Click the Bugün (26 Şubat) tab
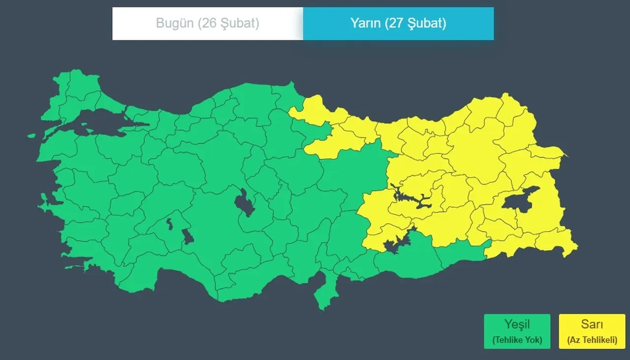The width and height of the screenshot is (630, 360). point(207,23)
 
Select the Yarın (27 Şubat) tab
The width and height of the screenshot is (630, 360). point(398,23)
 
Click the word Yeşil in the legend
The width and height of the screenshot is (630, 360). point(516,325)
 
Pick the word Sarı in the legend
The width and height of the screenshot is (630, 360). point(592,325)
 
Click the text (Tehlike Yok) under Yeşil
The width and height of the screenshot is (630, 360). point(516,340)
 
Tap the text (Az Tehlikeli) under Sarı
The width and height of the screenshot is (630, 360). point(592,340)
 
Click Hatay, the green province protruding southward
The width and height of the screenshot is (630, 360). point(325,293)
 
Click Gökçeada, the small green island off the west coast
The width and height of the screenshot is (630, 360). point(31,136)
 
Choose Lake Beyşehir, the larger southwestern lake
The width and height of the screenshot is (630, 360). point(188,237)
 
